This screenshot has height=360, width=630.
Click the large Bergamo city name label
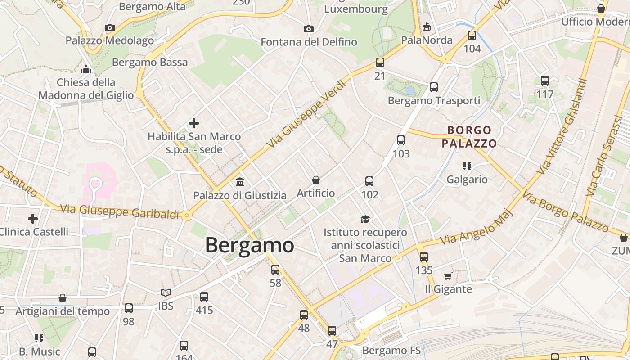[x=250, y=245]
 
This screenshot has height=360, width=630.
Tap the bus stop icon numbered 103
[x=401, y=140]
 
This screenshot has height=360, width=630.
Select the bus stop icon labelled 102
[x=369, y=181]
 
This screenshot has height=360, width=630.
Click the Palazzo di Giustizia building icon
[x=240, y=182]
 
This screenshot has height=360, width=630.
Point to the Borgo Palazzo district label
[x=469, y=137]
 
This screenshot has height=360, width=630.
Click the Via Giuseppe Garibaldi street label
[x=119, y=211]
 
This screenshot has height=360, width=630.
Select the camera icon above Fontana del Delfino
[x=308, y=29]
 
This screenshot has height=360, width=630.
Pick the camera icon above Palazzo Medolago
[x=109, y=27]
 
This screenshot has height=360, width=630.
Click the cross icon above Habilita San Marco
[x=194, y=123]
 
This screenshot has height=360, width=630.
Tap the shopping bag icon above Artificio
[x=316, y=180]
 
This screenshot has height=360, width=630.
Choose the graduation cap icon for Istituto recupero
[x=365, y=219]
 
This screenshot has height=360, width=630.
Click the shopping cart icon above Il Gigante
[x=448, y=276]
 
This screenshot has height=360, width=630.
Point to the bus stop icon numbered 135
[x=424, y=257]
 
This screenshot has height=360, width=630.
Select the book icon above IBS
[x=166, y=293]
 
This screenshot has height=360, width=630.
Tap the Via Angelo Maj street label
[x=476, y=227]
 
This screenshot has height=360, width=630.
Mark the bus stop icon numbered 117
[x=545, y=81]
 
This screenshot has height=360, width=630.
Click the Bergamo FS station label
[x=391, y=350]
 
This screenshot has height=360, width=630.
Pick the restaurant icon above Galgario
[x=467, y=166]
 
